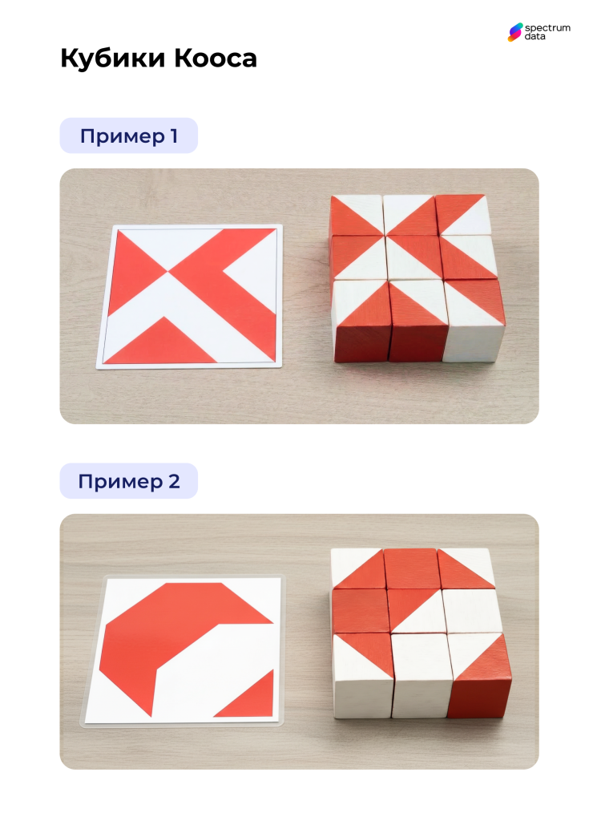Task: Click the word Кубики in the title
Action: click(113, 58)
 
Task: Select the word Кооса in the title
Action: click(215, 59)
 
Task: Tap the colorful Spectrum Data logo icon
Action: click(515, 32)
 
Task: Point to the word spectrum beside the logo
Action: click(547, 28)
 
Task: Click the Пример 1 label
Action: click(129, 135)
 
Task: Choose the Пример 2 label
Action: click(129, 481)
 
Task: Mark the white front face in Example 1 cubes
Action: click(474, 343)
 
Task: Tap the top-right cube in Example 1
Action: click(464, 215)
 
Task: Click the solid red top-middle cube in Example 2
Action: click(412, 568)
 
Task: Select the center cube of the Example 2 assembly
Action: click(416, 610)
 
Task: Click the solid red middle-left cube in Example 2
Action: click(361, 611)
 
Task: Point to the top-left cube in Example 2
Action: click(358, 568)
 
